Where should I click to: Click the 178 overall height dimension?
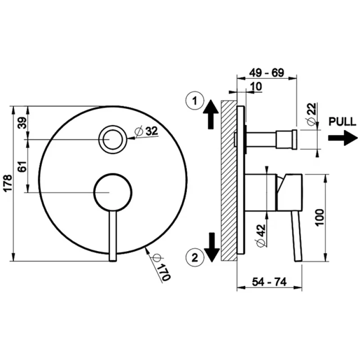8,183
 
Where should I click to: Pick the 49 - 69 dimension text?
267,73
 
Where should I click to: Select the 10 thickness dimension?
256,86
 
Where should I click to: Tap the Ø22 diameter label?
312,114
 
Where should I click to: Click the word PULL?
342,121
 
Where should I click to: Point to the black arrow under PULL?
343,138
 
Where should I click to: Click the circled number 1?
195,101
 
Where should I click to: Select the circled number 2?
195,257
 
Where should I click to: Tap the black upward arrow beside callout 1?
211,114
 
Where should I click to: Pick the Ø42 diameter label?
261,235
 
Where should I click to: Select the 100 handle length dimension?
320,217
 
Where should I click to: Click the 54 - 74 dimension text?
269,282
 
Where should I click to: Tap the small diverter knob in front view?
112,139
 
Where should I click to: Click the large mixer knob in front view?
113,192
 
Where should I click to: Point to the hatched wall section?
229,180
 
